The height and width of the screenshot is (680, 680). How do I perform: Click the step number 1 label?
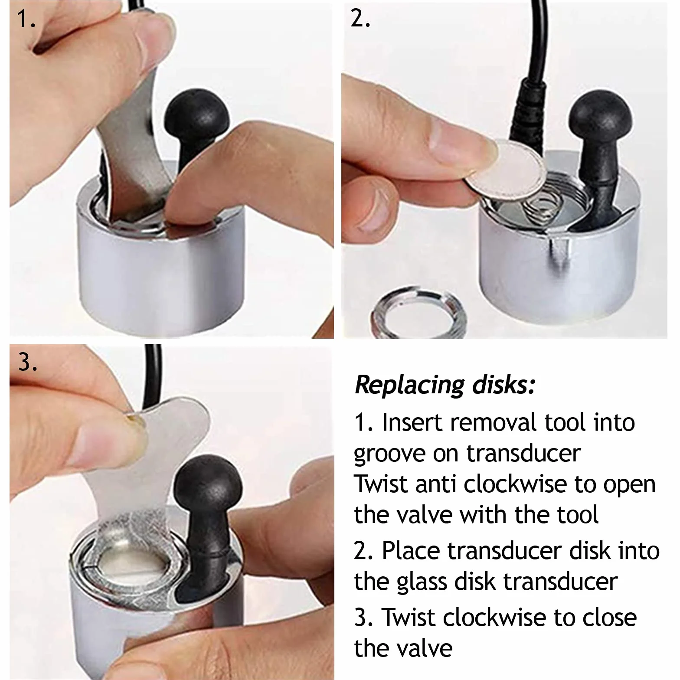[x=25, y=19]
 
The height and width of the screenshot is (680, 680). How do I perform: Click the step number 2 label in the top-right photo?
[x=360, y=19]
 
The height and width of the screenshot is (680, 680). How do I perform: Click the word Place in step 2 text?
[x=411, y=550]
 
